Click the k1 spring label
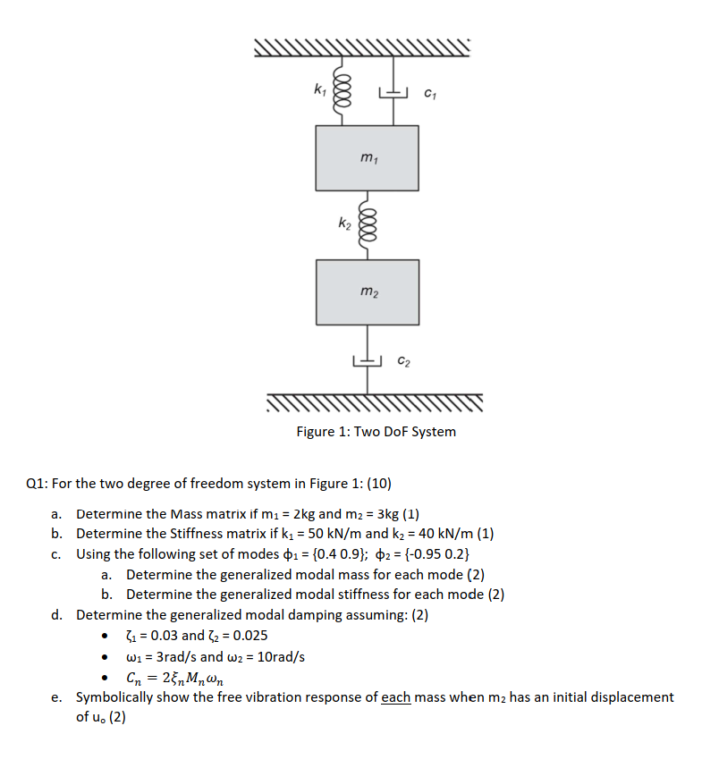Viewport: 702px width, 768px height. click(319, 88)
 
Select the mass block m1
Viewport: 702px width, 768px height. click(367, 157)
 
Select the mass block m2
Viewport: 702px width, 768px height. click(367, 291)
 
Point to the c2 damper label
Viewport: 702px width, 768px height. click(403, 361)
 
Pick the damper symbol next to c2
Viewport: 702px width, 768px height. click(368, 358)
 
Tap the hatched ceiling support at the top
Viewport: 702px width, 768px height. click(361, 47)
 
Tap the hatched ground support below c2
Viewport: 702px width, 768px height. click(375, 404)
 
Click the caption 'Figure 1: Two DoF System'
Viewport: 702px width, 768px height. click(376, 432)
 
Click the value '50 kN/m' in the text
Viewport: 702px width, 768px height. click(324, 535)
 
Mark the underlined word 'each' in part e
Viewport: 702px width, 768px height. click(396, 696)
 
